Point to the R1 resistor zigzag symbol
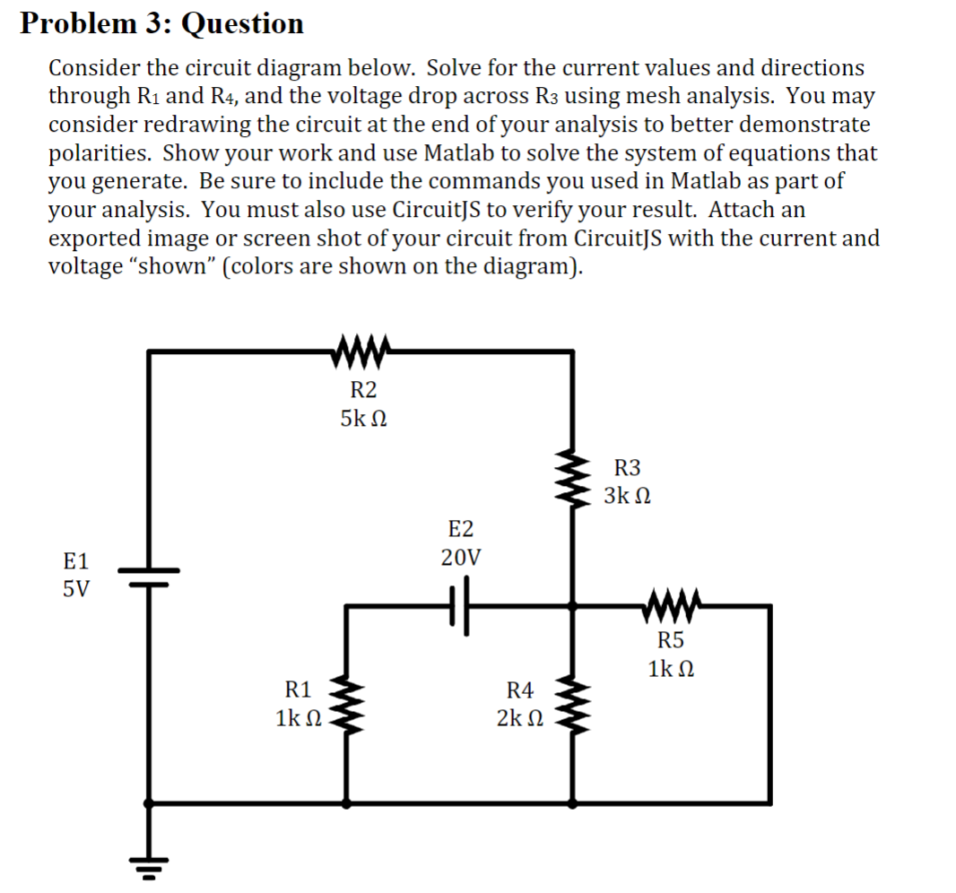coord(346,705)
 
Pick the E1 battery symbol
coord(148,575)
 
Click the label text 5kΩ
coord(363,419)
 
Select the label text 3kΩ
coord(627,496)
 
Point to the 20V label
coord(461,558)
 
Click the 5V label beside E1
coord(76,591)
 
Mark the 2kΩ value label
coord(519,718)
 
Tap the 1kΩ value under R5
coord(670,669)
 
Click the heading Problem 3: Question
coord(162,23)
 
